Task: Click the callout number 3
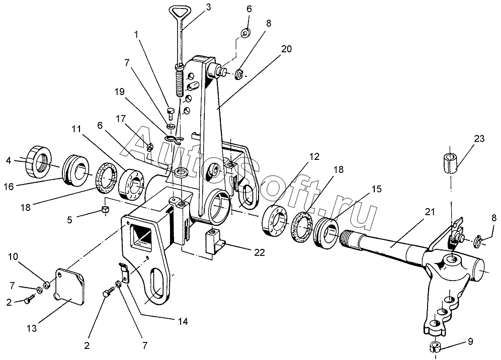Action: [x=208, y=7]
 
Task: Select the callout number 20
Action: [x=286, y=49]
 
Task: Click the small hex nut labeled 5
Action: [x=105, y=210]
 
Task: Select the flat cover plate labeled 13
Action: [x=70, y=285]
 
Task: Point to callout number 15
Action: [x=376, y=189]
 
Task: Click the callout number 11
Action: [x=76, y=129]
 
